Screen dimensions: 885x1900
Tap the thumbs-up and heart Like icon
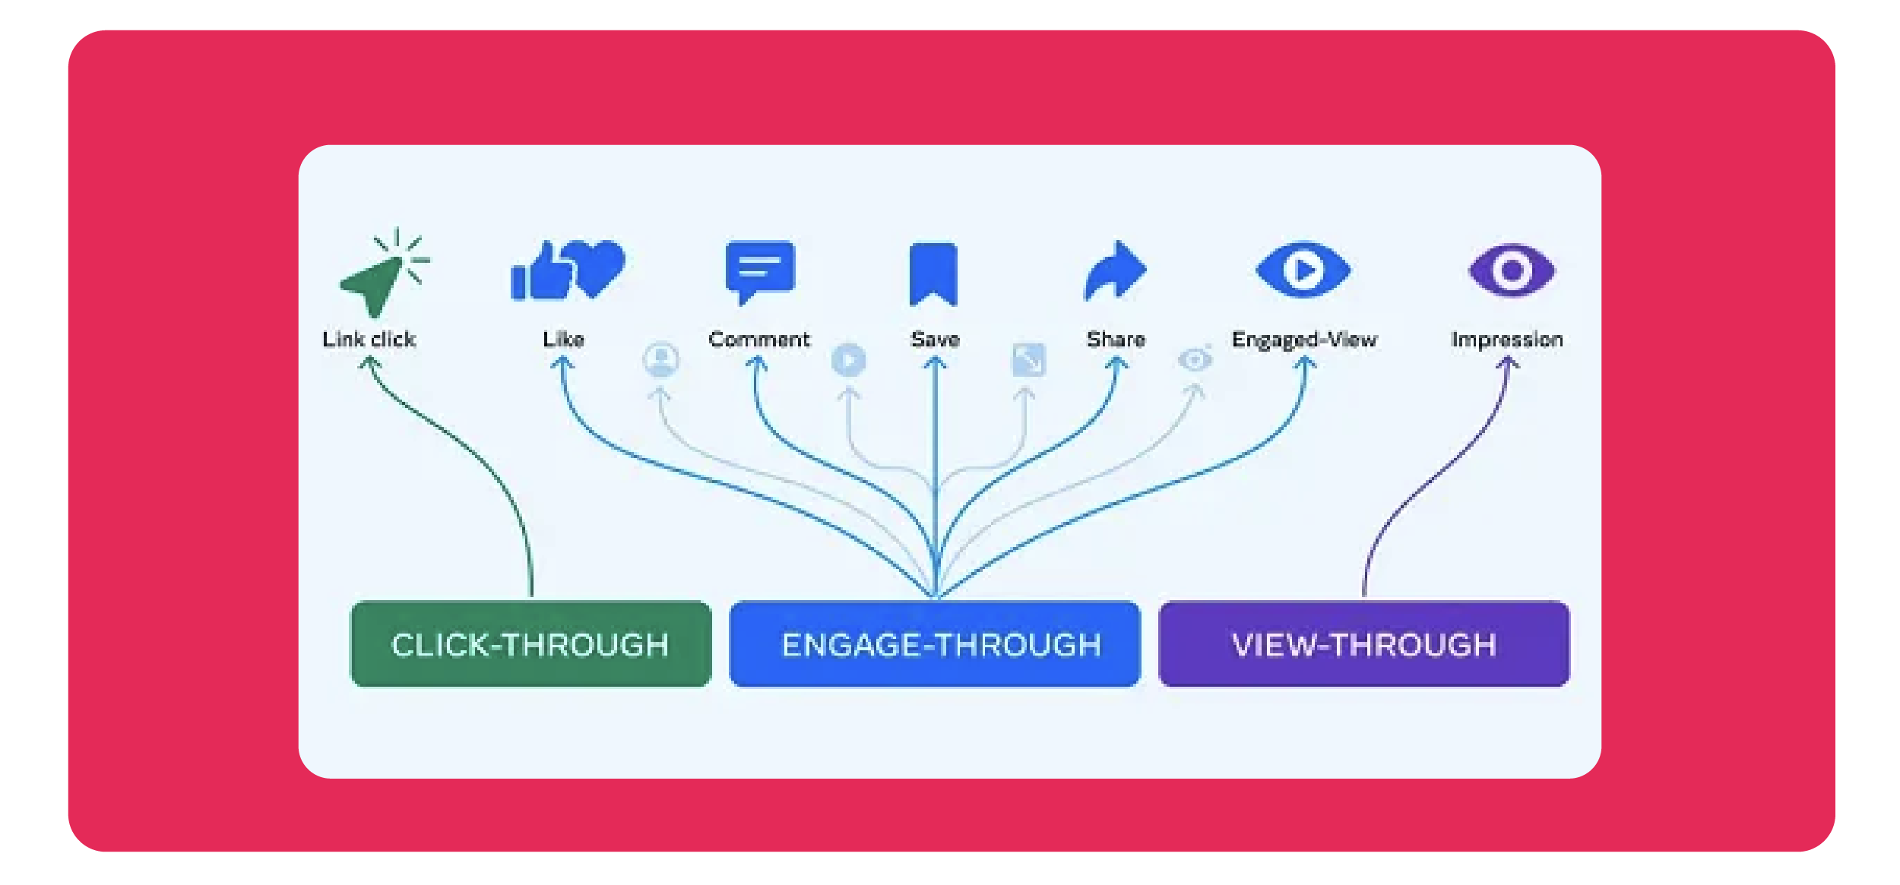pyautogui.click(x=567, y=270)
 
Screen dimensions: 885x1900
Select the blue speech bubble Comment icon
pyautogui.click(x=759, y=271)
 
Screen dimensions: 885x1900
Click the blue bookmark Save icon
pyautogui.click(x=933, y=273)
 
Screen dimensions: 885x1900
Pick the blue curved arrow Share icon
pyautogui.click(x=1115, y=271)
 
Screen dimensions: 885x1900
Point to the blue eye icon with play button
pyautogui.click(x=1303, y=270)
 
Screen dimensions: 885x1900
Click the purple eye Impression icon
pyautogui.click(x=1512, y=270)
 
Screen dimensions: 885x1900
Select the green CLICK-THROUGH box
pyautogui.click(x=530, y=644)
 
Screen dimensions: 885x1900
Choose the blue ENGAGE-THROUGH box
pyautogui.click(x=934, y=644)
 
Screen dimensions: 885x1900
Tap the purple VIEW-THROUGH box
pyautogui.click(x=1363, y=644)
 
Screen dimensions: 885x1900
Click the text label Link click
pyautogui.click(x=369, y=340)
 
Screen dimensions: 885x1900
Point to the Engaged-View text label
pyautogui.click(x=1304, y=340)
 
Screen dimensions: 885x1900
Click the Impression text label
pyautogui.click(x=1506, y=340)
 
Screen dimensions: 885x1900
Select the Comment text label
pyautogui.click(x=758, y=340)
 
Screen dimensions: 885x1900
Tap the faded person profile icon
pyautogui.click(x=660, y=359)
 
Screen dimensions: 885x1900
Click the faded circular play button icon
pyautogui.click(x=848, y=360)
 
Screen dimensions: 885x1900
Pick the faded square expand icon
pyautogui.click(x=1028, y=360)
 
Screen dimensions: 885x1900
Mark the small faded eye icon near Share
pyautogui.click(x=1195, y=359)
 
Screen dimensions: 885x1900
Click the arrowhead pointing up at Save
pyautogui.click(x=936, y=364)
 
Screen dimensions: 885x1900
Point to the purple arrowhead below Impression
pyautogui.click(x=1508, y=364)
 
